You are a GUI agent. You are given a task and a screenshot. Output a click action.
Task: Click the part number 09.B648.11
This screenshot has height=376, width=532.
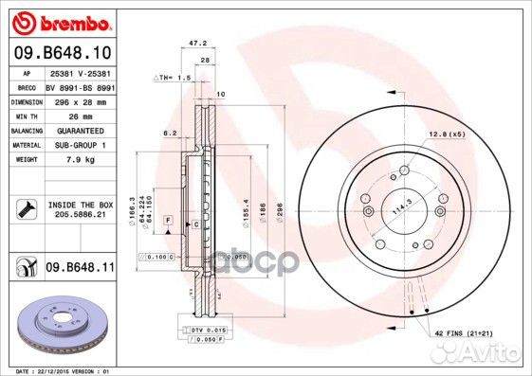[x=78, y=268]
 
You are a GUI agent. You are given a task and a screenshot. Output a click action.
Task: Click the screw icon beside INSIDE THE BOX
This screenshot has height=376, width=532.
[x=24, y=208]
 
